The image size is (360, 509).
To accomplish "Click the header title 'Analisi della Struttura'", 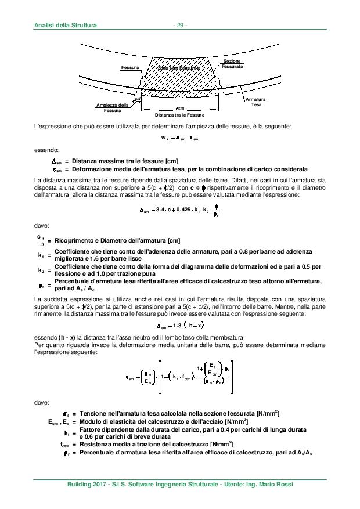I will (65, 25).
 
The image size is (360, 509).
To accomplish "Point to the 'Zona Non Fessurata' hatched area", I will (179, 68).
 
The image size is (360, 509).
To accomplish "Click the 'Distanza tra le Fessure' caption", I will (179, 115).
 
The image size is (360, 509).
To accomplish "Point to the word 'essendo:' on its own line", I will (44, 150).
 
